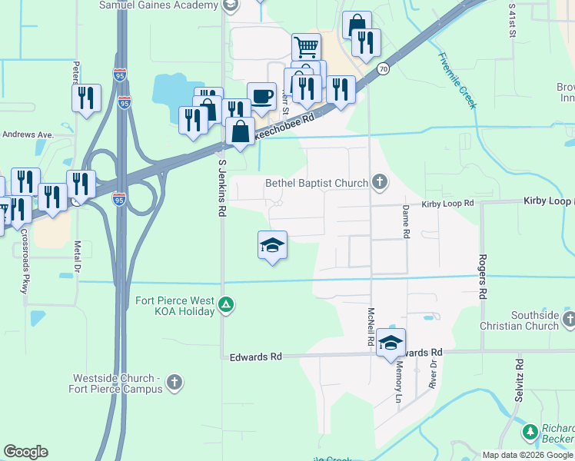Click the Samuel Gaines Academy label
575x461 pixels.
coord(158,5)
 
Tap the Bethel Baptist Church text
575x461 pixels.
coord(317,183)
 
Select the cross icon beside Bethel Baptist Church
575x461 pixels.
coord(379,182)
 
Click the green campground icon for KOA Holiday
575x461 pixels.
coord(226,306)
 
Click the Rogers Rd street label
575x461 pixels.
coord(483,277)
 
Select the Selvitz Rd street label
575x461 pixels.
coord(520,382)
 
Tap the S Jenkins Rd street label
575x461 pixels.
coord(221,187)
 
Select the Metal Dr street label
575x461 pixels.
coord(77,261)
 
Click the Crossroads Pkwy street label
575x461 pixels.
coord(24,262)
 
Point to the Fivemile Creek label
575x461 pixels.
coord(457,79)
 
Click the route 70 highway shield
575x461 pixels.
coord(383,69)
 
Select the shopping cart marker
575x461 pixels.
coord(306,48)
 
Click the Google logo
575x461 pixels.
coord(25,452)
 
